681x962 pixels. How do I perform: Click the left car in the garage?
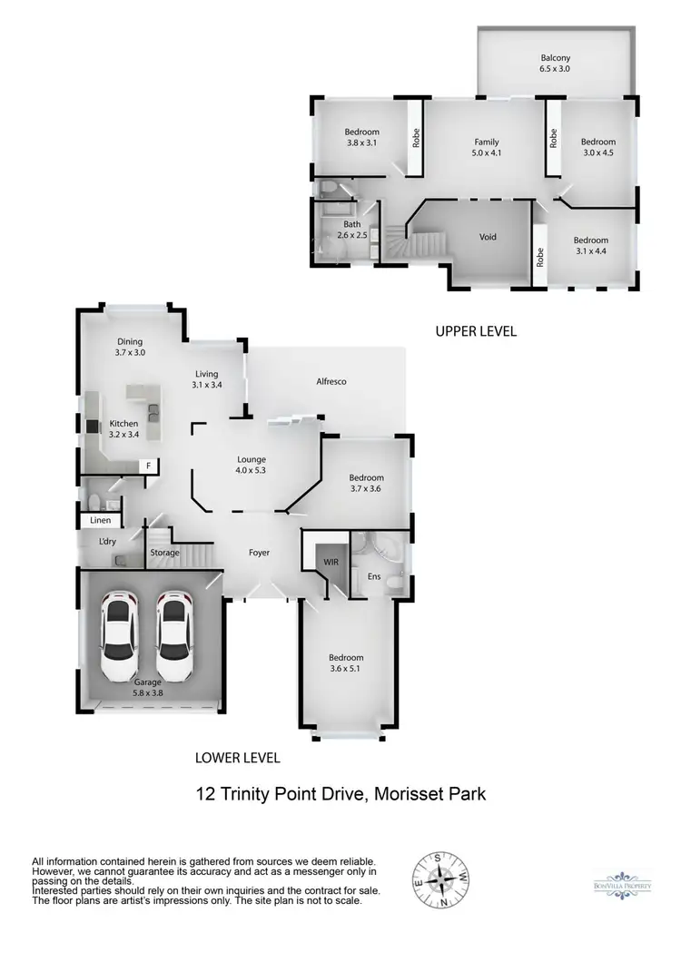(119, 628)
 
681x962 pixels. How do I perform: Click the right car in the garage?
(174, 628)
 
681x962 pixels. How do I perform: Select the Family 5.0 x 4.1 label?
(487, 148)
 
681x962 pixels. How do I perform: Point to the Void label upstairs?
(489, 237)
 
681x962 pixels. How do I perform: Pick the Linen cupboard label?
(100, 521)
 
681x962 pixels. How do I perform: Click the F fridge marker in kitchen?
(147, 466)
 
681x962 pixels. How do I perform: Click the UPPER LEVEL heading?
(476, 332)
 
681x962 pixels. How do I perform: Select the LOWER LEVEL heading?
(238, 757)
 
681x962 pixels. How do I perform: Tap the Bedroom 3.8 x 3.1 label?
(361, 138)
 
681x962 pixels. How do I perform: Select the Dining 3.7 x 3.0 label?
(130, 347)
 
